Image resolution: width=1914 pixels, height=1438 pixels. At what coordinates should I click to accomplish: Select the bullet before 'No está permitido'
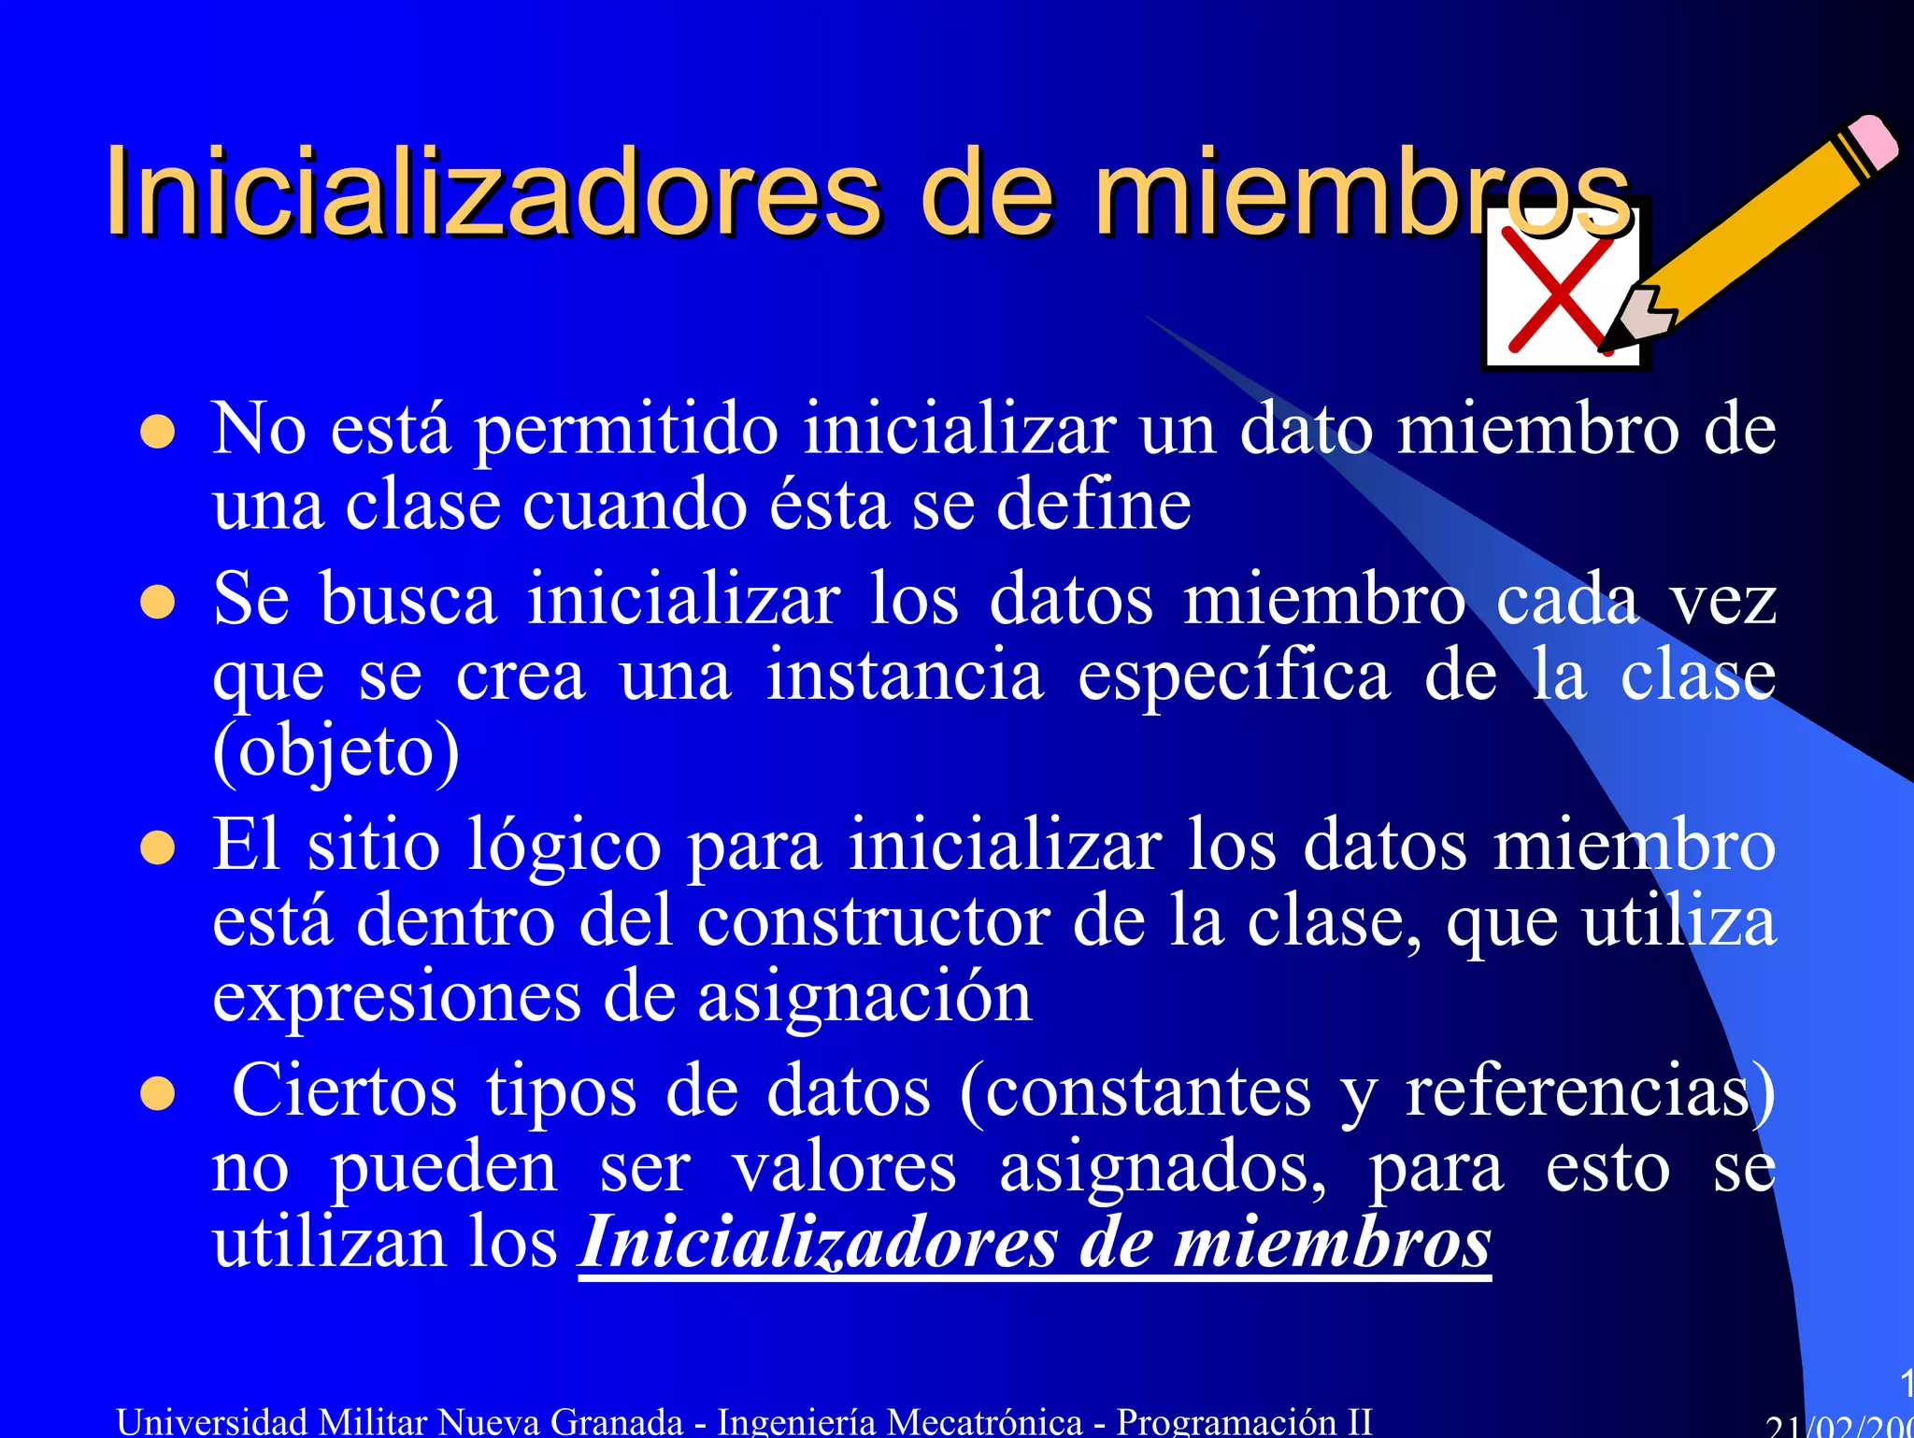pyautogui.click(x=158, y=433)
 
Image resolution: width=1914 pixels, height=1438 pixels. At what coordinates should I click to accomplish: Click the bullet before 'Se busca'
pyautogui.click(x=158, y=603)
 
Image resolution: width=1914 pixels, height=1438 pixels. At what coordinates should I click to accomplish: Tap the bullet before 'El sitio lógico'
pyautogui.click(x=158, y=848)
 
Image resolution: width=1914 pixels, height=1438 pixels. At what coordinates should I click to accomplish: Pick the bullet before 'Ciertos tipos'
pyautogui.click(x=158, y=1094)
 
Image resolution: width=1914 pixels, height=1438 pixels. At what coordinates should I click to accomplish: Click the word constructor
pyautogui.click(x=873, y=922)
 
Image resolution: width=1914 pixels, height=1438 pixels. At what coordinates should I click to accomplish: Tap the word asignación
pyautogui.click(x=864, y=998)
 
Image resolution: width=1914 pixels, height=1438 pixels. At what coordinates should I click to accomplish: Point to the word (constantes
pyautogui.click(x=1136, y=1091)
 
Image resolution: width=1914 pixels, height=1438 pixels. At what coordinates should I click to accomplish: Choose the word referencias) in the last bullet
pyautogui.click(x=1590, y=1091)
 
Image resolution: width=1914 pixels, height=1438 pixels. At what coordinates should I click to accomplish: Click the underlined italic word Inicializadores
pyautogui.click(x=818, y=1244)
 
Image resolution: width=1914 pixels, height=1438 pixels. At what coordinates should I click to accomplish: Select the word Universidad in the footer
pyautogui.click(x=212, y=1421)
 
